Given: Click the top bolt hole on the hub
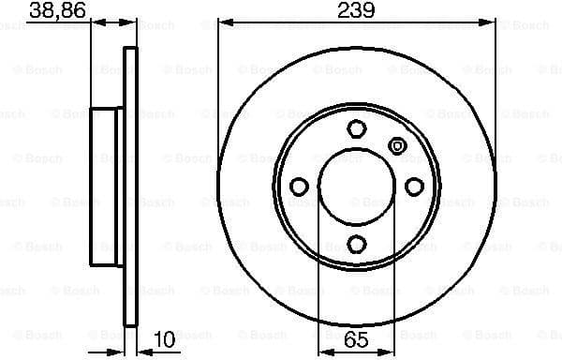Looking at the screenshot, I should [356, 128].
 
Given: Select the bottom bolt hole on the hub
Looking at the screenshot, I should [356, 246].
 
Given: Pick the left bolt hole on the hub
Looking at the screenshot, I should [298, 187].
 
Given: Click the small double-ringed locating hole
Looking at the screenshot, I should [396, 145].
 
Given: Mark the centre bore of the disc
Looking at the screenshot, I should [356, 187].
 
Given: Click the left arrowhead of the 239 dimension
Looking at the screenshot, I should [224, 25].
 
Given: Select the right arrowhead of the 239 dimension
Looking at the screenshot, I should [490, 25].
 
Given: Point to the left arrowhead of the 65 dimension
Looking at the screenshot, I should [324, 351].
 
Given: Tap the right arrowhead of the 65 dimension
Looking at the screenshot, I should [389, 351].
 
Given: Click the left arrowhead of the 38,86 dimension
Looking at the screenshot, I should [95, 25].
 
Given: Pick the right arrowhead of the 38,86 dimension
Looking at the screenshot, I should [132, 25].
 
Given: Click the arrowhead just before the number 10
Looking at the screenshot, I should [142, 351].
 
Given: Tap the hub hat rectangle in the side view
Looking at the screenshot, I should [108, 187].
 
